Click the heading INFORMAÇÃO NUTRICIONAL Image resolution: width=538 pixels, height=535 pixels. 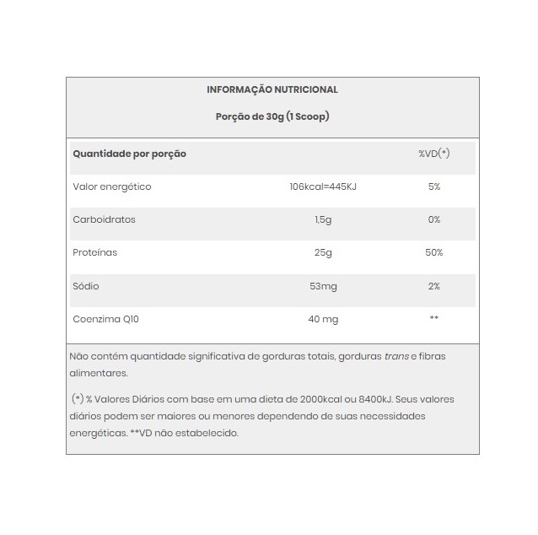point(272,89)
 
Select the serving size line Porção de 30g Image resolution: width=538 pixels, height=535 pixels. point(272,116)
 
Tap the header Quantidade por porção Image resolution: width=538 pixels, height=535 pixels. point(130,154)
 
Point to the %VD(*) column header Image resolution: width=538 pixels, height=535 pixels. point(434,154)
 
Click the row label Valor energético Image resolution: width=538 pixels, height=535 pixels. point(112,186)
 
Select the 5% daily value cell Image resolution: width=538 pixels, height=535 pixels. point(434,186)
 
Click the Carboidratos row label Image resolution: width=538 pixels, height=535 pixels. point(105,219)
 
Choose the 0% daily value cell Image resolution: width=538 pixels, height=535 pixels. point(434,219)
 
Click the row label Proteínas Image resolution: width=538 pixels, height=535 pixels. point(95,252)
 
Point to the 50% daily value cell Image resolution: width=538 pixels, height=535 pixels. point(434,252)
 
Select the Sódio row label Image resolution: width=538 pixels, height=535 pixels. point(86,286)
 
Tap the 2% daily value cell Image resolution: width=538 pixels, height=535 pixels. point(434,286)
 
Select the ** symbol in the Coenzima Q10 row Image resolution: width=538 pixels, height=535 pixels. point(434,319)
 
